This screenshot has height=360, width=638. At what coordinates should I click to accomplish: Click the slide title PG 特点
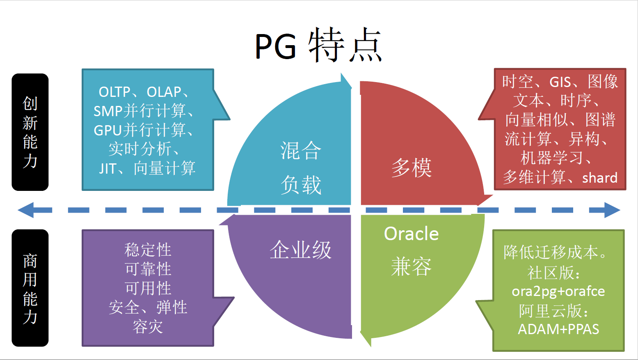point(318,45)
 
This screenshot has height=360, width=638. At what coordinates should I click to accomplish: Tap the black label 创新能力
point(30,132)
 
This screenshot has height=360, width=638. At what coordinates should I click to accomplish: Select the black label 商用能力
point(30,288)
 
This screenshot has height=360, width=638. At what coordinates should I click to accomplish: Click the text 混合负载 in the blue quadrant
point(301,167)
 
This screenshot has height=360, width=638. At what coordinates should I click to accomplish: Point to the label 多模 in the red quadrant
point(411,168)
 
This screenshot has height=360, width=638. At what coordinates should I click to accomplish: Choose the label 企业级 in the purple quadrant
point(300,250)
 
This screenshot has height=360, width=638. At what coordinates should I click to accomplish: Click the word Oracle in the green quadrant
point(411,234)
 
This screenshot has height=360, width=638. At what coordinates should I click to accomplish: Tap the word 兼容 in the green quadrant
point(411,267)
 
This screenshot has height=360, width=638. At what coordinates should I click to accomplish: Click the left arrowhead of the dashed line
point(27,210)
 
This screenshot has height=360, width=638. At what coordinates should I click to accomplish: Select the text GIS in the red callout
point(560,82)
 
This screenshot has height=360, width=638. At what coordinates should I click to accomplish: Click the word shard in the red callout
point(599,178)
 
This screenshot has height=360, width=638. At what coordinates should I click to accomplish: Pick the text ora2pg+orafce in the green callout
point(558,291)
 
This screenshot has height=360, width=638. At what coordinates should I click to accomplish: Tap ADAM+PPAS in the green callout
point(558,329)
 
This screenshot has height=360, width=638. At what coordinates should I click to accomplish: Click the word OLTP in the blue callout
point(114,92)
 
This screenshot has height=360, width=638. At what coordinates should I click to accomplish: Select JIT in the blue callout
point(107,169)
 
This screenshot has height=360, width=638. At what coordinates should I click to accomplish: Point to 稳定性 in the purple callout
point(148,250)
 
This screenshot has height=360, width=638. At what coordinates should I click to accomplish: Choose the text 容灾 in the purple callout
point(148,327)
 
